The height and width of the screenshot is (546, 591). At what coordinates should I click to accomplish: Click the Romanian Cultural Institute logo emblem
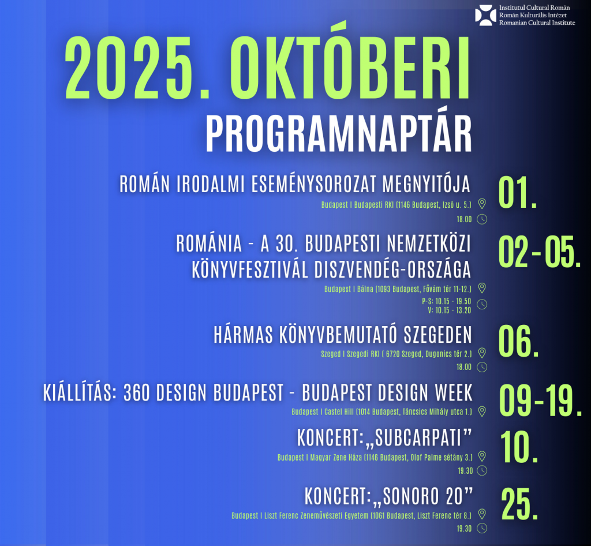(x=485, y=15)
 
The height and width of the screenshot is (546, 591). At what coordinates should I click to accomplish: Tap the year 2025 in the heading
(x=137, y=68)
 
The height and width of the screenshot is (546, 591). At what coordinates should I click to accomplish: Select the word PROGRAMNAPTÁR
(x=338, y=134)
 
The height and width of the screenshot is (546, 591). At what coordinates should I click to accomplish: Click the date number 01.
(x=518, y=193)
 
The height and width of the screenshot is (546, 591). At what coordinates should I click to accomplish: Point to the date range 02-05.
(x=540, y=252)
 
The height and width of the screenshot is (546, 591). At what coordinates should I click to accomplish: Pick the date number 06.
(x=519, y=342)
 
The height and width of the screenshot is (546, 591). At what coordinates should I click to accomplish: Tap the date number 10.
(x=519, y=447)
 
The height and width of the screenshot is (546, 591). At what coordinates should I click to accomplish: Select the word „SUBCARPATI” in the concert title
(x=418, y=438)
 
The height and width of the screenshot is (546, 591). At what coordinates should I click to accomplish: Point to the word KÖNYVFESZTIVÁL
(x=250, y=270)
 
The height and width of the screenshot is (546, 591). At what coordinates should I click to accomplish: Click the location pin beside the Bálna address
(x=482, y=288)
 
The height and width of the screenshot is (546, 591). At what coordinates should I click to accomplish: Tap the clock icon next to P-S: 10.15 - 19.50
(x=482, y=305)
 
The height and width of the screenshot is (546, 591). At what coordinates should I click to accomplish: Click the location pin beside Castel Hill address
(x=482, y=412)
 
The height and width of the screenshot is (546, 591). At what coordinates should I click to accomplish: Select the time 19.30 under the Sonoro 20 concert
(x=464, y=529)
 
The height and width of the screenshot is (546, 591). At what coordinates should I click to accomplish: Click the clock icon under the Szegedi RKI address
(x=482, y=367)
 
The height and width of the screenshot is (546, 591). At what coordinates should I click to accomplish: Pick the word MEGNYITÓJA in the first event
(x=427, y=184)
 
